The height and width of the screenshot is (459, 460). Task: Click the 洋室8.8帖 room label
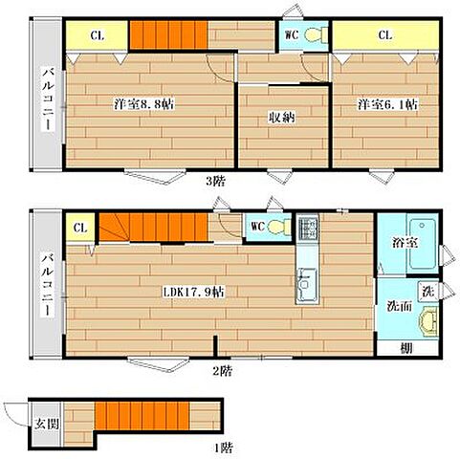(x=143, y=104)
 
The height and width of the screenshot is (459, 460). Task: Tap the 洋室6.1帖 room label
(x=387, y=104)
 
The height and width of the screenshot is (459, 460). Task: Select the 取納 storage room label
(x=282, y=118)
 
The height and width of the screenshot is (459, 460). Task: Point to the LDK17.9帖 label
(x=194, y=292)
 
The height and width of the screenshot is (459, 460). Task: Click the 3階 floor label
(x=216, y=182)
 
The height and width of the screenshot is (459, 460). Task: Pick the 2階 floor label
(x=222, y=371)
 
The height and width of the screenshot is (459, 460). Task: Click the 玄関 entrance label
(x=47, y=424)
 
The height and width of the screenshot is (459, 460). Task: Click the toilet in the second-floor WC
(x=279, y=227)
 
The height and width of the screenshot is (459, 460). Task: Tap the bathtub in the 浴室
(x=422, y=244)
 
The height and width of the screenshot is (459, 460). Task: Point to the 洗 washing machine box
(x=427, y=291)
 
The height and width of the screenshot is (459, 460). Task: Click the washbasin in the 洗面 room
(x=427, y=321)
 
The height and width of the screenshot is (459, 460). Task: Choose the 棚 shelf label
(x=406, y=348)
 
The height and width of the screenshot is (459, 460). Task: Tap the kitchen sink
(x=307, y=285)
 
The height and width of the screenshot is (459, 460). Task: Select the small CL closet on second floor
(x=80, y=228)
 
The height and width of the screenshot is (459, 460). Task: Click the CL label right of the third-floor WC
(x=385, y=35)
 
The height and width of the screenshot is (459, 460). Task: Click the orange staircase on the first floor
(x=142, y=416)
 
